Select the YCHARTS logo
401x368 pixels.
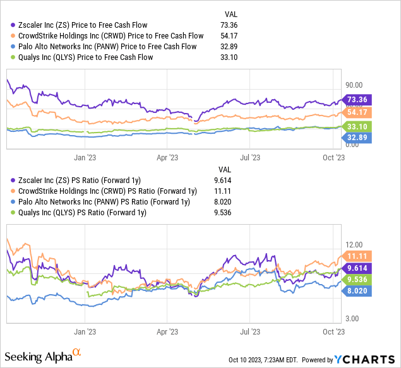pyautogui.click(x=366, y=360)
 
